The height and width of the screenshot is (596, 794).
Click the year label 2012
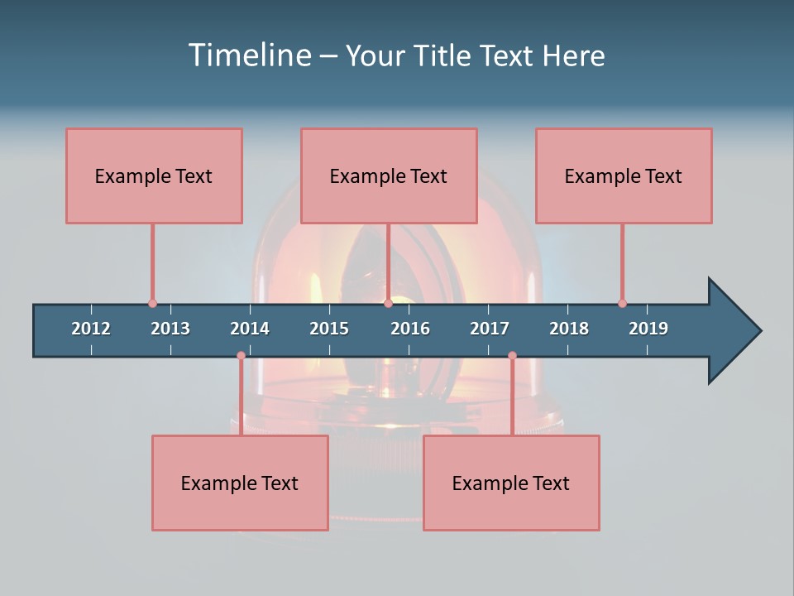point(91,329)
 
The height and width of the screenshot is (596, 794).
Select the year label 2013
point(170,329)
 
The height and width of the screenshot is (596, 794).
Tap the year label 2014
point(250,329)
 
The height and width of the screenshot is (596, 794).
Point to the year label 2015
point(329,329)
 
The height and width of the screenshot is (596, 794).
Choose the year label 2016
point(410,329)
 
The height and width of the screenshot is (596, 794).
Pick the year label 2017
point(490,329)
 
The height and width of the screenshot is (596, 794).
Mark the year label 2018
point(569,329)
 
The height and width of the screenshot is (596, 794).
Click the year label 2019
point(648,329)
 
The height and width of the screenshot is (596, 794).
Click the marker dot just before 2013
point(152,303)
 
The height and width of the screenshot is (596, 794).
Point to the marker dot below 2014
point(241,355)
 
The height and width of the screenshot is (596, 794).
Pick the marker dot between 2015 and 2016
point(388,303)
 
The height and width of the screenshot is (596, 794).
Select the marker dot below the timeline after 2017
point(512,355)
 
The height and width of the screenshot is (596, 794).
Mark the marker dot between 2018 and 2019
point(622,303)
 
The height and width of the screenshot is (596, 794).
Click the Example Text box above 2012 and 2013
point(154,175)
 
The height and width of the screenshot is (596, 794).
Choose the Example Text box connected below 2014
point(240,483)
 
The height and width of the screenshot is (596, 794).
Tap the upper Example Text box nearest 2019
point(624,175)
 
